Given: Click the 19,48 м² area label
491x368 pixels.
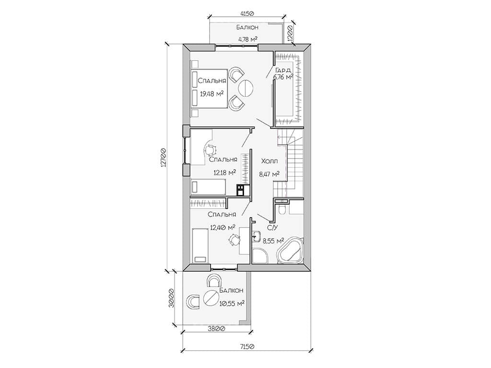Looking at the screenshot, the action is click(211, 93).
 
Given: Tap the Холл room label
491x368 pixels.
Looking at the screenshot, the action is click(269, 161).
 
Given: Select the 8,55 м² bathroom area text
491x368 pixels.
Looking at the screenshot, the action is click(273, 241).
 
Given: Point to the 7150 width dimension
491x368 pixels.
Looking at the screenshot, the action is click(247, 347).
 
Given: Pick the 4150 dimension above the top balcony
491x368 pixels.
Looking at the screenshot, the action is click(247, 13).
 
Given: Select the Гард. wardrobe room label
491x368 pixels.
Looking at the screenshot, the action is click(283, 70).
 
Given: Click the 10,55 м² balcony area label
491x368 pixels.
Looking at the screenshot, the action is click(232, 303).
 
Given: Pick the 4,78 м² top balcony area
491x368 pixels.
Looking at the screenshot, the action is click(248, 39).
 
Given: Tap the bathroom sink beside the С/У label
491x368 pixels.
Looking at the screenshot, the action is click(257, 236).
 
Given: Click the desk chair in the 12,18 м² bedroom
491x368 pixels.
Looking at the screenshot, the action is click(211, 150).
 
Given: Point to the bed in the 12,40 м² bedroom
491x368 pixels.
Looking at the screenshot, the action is click(199, 246).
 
